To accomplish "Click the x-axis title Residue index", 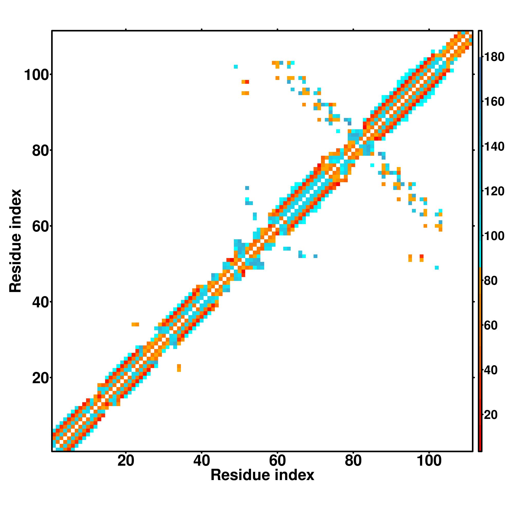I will click(x=262, y=475).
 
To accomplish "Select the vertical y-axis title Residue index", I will click(x=15, y=241).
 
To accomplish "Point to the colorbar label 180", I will click(x=494, y=57).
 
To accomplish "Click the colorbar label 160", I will click(x=494, y=102).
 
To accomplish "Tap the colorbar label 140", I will click(x=494, y=146).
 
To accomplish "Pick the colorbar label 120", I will click(x=494, y=191).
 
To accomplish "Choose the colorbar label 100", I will click(x=494, y=236).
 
